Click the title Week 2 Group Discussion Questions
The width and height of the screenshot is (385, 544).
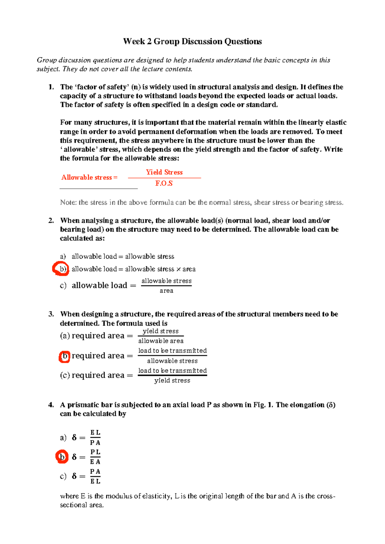click(193, 42)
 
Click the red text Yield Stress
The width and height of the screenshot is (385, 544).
click(164, 172)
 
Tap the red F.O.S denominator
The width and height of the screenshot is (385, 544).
click(164, 183)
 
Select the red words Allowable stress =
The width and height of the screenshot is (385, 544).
click(90, 177)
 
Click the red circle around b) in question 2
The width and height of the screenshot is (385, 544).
click(61, 269)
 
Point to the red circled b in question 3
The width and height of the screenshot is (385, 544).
click(64, 356)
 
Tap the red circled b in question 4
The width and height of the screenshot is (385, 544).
click(62, 457)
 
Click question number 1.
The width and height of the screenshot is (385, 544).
click(51, 87)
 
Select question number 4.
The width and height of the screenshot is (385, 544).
click(51, 405)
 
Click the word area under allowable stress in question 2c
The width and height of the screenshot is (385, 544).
click(166, 291)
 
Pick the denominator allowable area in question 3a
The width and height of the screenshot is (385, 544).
click(161, 341)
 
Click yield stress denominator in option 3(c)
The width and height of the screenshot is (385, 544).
click(172, 380)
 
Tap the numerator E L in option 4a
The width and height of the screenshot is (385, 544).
click(95, 433)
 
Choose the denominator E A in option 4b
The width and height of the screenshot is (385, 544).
click(95, 462)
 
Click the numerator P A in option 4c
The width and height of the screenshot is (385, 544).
click(95, 472)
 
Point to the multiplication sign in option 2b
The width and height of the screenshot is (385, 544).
click(178, 269)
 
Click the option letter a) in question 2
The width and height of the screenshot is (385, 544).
click(63, 257)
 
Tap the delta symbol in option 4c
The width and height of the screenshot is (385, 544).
click(74, 476)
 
